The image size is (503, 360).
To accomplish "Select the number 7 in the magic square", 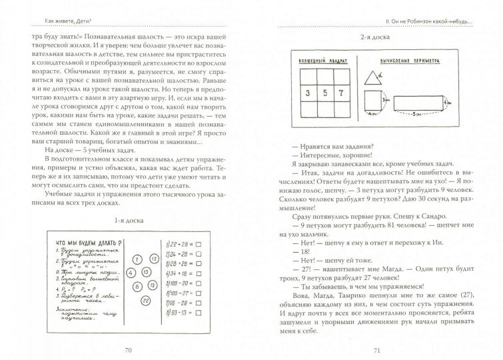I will [344, 93].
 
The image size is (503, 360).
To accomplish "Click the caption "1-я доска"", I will [129, 219].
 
